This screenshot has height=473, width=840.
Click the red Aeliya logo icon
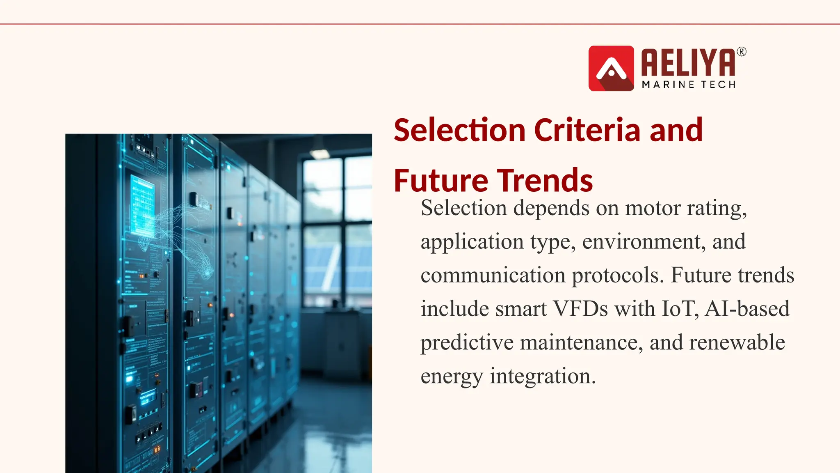[x=611, y=68]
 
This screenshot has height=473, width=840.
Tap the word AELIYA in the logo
[x=688, y=62]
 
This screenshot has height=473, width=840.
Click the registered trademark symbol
[x=742, y=52]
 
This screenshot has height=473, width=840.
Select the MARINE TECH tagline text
[x=689, y=85]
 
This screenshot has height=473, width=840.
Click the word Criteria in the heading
[x=587, y=130]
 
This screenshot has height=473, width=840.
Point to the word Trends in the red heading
[x=545, y=181]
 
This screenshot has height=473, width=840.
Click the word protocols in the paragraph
[x=617, y=276]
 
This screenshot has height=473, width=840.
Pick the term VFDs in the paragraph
[x=580, y=309]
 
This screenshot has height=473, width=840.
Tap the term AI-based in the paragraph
[x=747, y=309]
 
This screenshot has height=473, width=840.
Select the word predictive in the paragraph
[x=467, y=343]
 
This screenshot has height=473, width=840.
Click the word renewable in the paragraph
[x=737, y=342]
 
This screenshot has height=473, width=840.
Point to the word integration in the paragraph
[x=542, y=376]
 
